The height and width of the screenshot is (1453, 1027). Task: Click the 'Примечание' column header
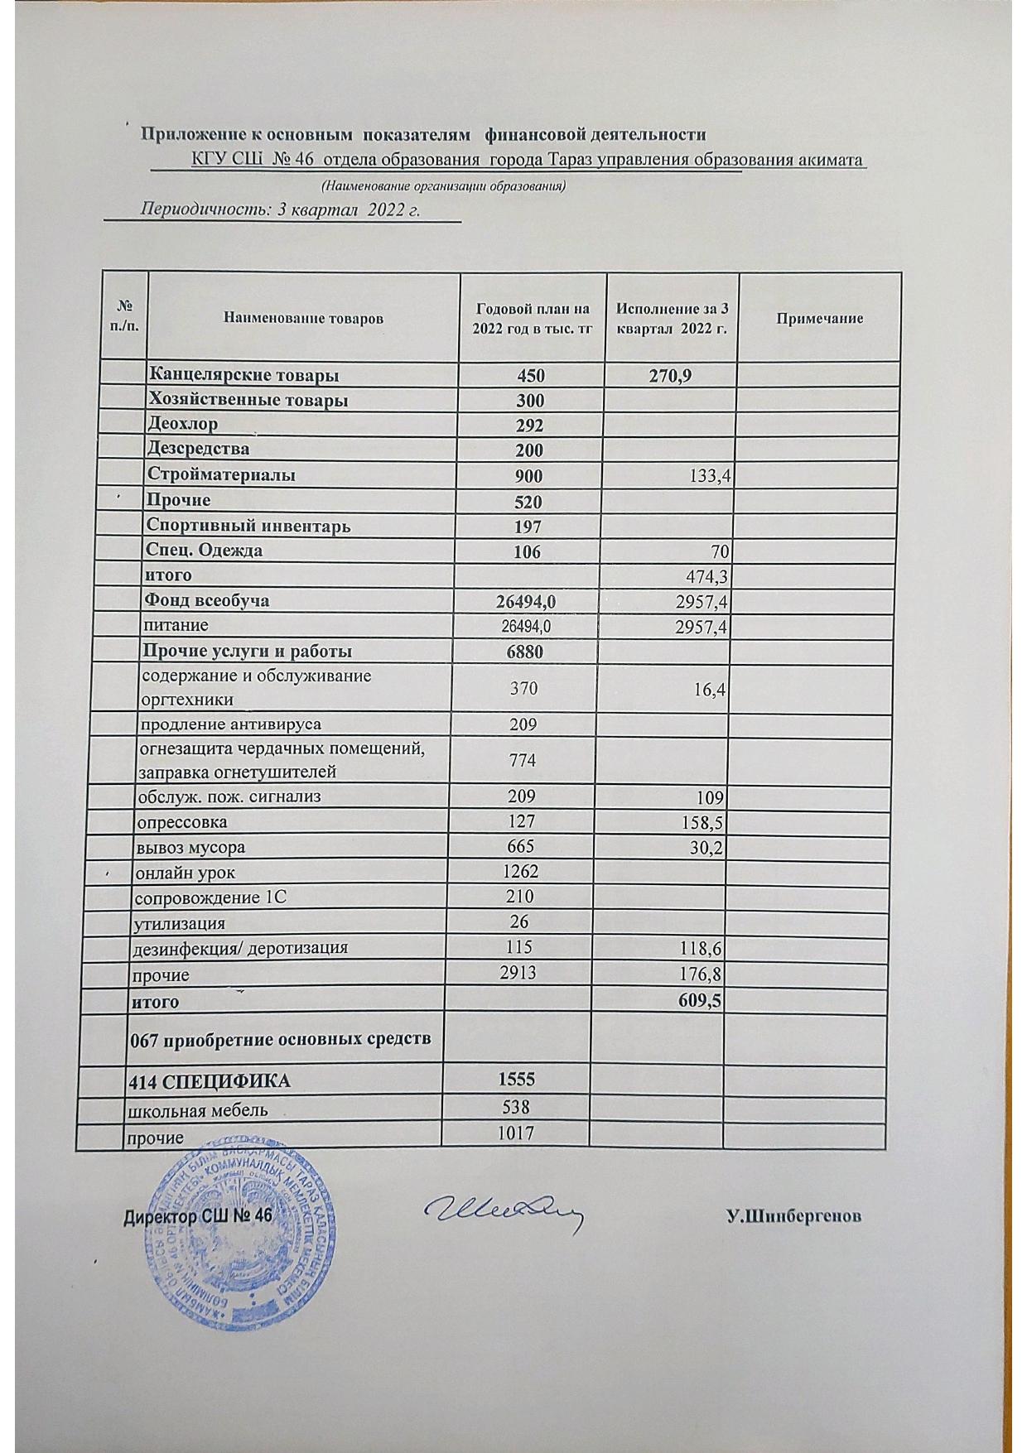click(x=819, y=318)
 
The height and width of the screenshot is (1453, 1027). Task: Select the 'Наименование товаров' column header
click(x=302, y=318)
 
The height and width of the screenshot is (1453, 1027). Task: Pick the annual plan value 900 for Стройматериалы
click(x=530, y=475)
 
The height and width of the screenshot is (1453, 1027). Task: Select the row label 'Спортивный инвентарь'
click(x=248, y=526)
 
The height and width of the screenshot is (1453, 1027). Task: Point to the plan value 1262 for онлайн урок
click(x=519, y=872)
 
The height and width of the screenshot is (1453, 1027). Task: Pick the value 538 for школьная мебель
click(x=514, y=1107)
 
